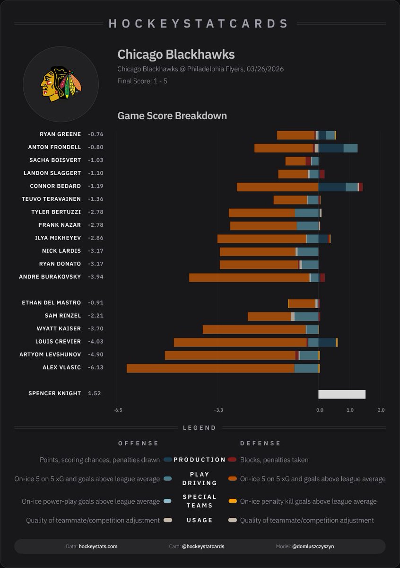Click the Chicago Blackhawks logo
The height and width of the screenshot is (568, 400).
[x=61, y=85]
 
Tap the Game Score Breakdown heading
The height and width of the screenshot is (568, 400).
[x=172, y=116]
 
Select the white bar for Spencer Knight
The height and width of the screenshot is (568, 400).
[x=342, y=394]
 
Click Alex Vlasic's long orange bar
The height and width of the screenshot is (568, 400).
[x=210, y=368]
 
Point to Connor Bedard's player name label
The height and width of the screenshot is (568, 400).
[x=55, y=186]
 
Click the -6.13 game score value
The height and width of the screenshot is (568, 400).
[x=96, y=368]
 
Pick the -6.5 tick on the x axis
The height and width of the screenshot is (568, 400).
[x=118, y=410]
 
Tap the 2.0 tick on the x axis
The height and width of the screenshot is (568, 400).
[x=381, y=410]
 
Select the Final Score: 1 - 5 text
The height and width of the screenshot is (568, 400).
[x=142, y=81]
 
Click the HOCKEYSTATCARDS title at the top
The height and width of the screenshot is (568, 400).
[x=199, y=24]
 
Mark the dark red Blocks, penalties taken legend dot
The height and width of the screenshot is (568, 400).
[x=232, y=460]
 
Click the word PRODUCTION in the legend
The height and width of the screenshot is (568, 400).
[x=200, y=460]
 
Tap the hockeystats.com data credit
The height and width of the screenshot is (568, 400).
[x=98, y=546]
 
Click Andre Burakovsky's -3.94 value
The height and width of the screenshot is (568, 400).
[x=96, y=277]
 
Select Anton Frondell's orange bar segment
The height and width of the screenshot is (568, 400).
[x=284, y=148]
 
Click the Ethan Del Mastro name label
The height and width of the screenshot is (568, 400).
[x=51, y=303]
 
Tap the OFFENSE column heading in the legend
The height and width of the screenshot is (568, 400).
[x=138, y=444]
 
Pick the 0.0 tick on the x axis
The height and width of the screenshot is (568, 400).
[x=320, y=410]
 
